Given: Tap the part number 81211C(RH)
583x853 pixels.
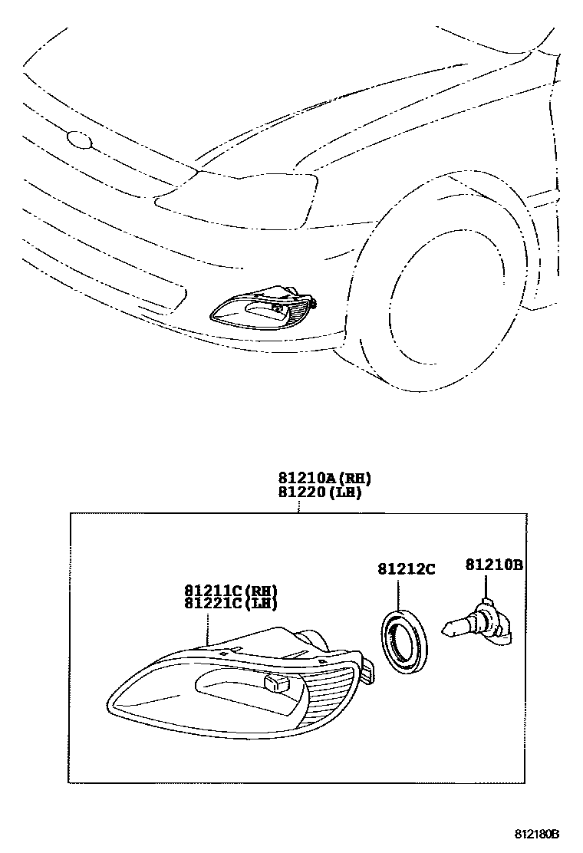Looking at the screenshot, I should pos(229,590).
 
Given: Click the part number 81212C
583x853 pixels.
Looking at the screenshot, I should pos(406,568).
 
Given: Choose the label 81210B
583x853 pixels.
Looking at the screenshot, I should pos(493,565).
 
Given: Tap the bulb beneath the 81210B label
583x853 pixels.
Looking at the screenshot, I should pos(479,621).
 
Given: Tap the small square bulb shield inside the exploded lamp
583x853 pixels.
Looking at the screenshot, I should pos(275,684).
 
